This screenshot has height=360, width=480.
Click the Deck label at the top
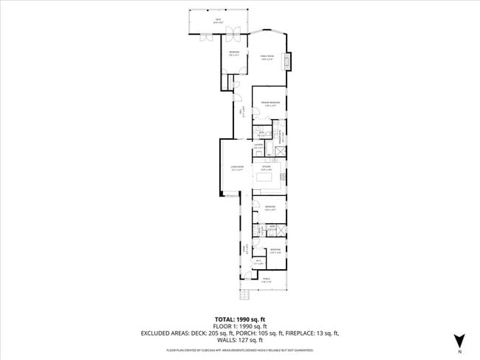point(218,20)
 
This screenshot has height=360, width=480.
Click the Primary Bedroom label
point(270,103)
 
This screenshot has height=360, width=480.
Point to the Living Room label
point(236,169)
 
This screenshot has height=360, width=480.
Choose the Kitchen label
point(267,168)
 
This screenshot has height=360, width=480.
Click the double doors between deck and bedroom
point(232,33)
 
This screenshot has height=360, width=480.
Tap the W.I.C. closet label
point(258,262)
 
